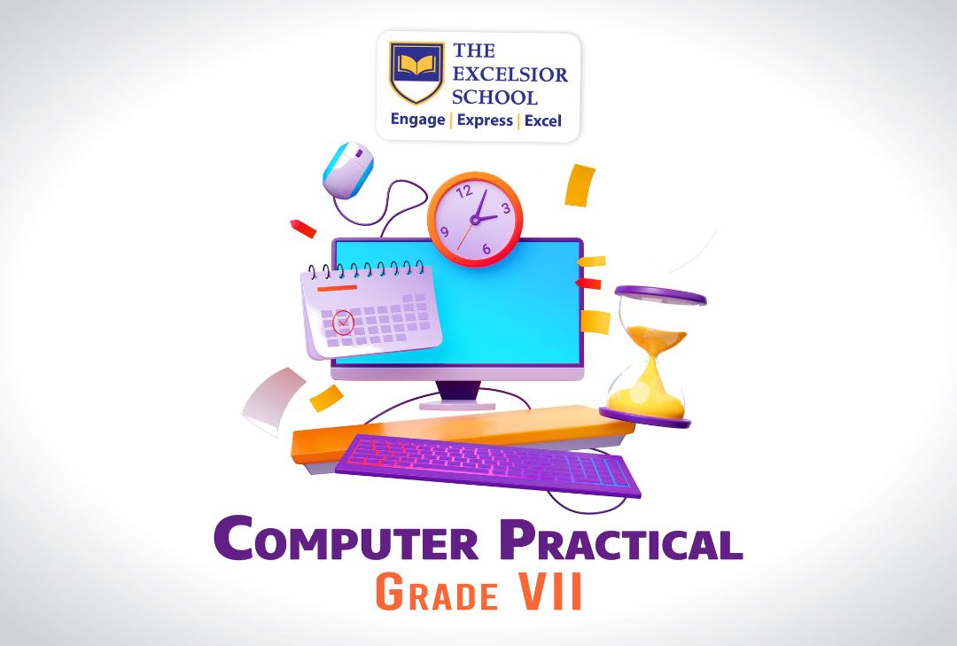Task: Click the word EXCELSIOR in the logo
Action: [510, 74]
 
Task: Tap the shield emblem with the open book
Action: [416, 72]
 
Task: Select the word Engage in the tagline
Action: [417, 120]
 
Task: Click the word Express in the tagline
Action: [485, 121]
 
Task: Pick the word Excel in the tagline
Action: [542, 121]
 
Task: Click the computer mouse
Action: [348, 169]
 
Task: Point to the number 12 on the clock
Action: [465, 191]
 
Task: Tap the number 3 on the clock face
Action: [505, 209]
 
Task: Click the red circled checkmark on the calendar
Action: [343, 321]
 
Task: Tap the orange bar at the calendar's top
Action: [337, 287]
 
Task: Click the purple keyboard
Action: [488, 465]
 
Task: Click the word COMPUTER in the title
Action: [346, 539]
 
